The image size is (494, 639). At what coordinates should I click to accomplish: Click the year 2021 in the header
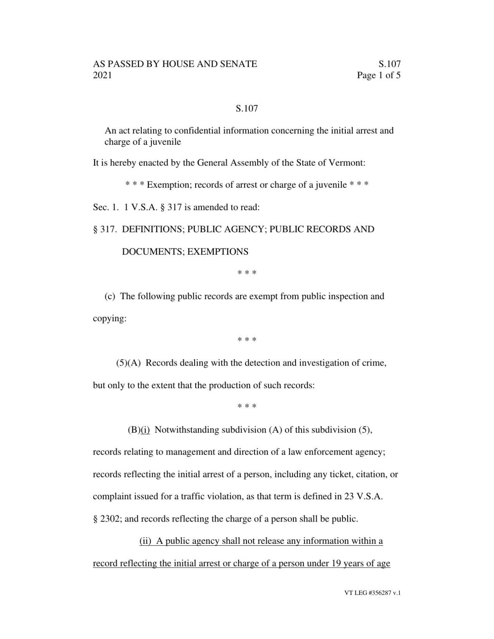click(x=102, y=75)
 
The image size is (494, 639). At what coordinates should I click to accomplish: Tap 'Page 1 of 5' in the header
click(x=378, y=75)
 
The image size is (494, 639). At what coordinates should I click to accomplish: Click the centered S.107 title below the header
click(x=247, y=108)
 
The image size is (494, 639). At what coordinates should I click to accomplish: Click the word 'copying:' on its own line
click(x=110, y=318)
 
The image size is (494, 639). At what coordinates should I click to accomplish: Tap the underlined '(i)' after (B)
click(x=145, y=430)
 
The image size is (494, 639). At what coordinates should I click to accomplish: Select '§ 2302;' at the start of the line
click(x=107, y=519)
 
